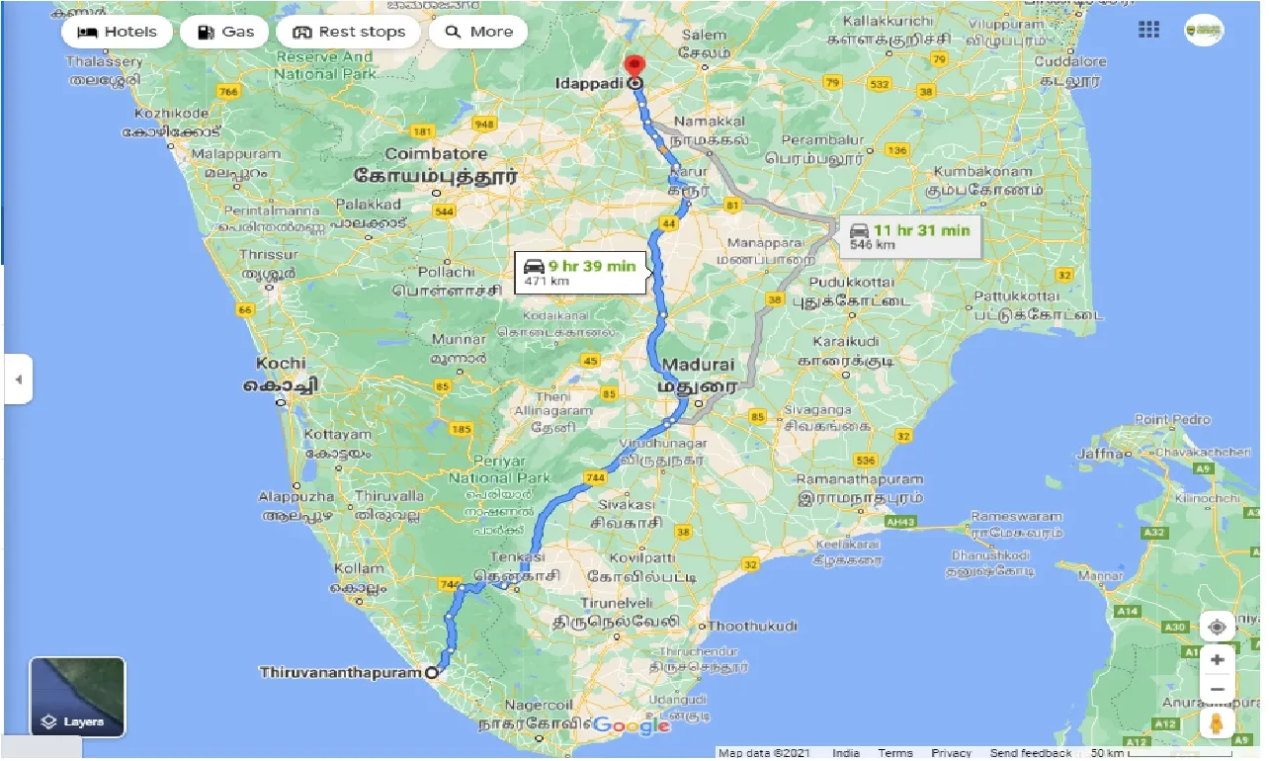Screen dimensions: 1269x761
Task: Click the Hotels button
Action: [x=116, y=32]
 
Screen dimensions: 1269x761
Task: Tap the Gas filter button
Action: [x=225, y=32]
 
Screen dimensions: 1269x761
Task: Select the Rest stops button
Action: [x=348, y=32]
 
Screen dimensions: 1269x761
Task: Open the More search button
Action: [x=478, y=32]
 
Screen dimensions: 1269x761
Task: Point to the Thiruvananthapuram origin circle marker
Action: [x=431, y=673]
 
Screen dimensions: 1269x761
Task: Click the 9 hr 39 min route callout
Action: [x=580, y=271]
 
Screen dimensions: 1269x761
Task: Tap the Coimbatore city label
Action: [x=436, y=154]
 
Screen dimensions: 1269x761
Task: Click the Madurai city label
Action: [x=698, y=365]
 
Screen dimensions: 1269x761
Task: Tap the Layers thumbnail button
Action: [x=77, y=698]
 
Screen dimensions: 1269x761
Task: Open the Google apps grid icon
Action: [x=1148, y=30]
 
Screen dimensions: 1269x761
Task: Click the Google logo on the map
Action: [x=632, y=726]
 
